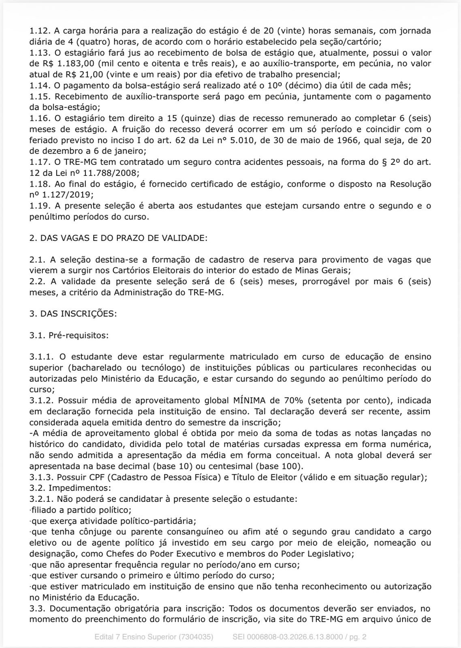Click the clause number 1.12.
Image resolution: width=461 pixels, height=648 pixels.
coord(39,31)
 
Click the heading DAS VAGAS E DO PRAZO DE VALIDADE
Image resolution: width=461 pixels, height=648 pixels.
coord(124,238)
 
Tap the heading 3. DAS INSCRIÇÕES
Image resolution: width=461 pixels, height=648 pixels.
coord(73,314)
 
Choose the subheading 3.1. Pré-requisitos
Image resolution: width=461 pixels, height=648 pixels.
coord(69,335)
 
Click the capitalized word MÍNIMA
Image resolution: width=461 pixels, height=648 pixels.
coord(249,401)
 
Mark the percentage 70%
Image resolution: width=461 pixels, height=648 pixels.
coord(292,401)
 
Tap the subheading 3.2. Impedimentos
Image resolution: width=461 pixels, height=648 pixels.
coord(70,488)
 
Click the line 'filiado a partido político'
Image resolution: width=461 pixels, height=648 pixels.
coord(81,510)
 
